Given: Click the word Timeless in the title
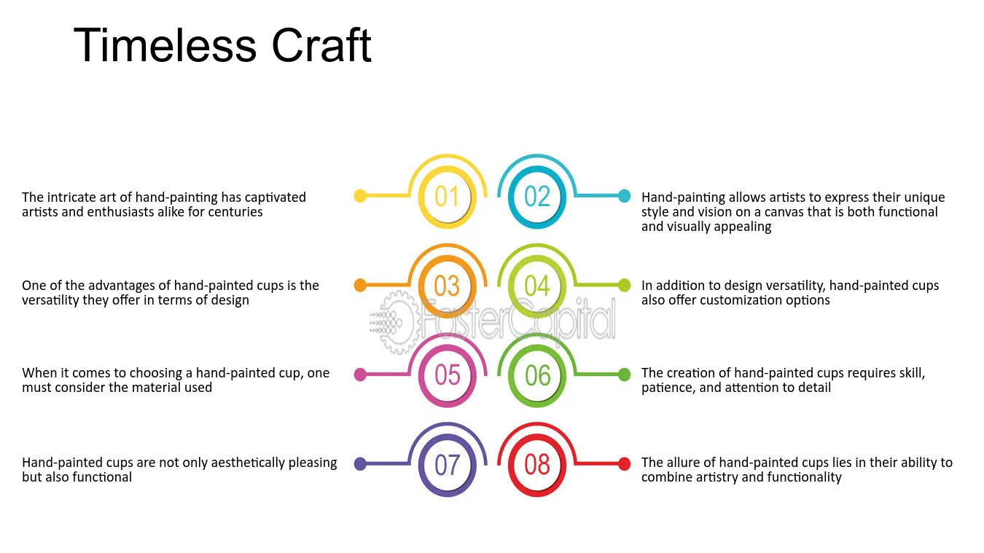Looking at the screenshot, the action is (165, 45).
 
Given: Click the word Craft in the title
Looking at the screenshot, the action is (321, 45).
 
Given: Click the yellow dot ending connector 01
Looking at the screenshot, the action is (360, 196).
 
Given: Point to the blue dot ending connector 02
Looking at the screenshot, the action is (624, 196).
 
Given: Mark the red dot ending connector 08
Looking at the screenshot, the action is (624, 464).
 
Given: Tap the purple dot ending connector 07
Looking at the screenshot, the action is (360, 464).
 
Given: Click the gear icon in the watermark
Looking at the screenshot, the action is (397, 323).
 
